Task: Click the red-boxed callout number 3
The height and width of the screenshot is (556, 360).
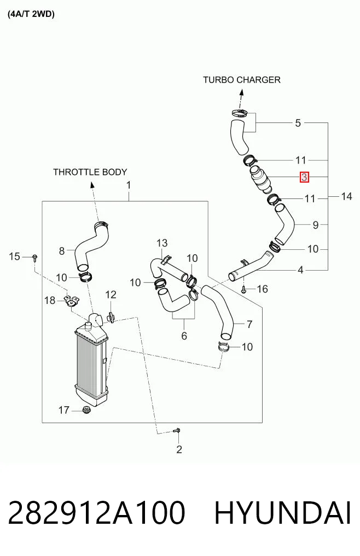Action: [x=304, y=177]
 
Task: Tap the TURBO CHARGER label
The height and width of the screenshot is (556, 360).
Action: [x=242, y=80]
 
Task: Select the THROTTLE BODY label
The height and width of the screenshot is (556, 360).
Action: [x=90, y=172]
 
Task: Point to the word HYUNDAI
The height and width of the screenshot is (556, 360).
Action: [x=283, y=513]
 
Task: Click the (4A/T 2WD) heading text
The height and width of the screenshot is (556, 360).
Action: [x=31, y=15]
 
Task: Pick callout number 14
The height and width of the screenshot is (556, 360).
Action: [x=346, y=196]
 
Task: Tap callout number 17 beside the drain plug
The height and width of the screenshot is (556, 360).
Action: [x=63, y=410]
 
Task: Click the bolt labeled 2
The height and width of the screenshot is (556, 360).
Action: [x=177, y=430]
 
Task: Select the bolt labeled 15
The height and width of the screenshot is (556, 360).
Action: [x=35, y=257]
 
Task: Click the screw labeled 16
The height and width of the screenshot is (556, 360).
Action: [x=243, y=290]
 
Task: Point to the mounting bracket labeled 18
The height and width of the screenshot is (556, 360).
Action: [x=71, y=300]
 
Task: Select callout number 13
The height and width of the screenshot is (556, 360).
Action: [x=162, y=243]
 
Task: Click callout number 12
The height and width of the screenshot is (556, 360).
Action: [x=111, y=295]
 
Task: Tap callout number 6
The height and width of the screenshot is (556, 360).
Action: [x=184, y=336]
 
